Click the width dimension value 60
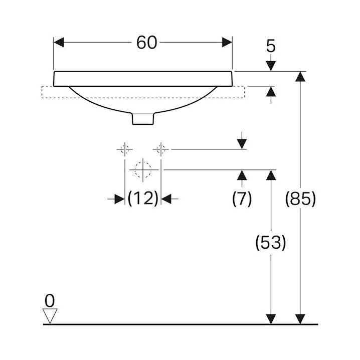146,43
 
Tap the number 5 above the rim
271,47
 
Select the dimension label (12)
143,199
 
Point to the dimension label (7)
242,199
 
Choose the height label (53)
271,243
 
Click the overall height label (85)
300,199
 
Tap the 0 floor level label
49,300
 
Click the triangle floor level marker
50,315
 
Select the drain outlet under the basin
143,119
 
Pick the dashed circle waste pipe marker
143,169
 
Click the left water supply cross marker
124,149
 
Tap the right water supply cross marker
161,149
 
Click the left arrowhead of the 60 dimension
59,42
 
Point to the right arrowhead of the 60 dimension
227,42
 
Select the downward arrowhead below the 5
271,65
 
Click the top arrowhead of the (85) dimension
300,77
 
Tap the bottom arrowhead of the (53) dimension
271,318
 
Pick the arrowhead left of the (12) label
119,199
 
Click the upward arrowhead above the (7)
242,175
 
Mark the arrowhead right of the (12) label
166,199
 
